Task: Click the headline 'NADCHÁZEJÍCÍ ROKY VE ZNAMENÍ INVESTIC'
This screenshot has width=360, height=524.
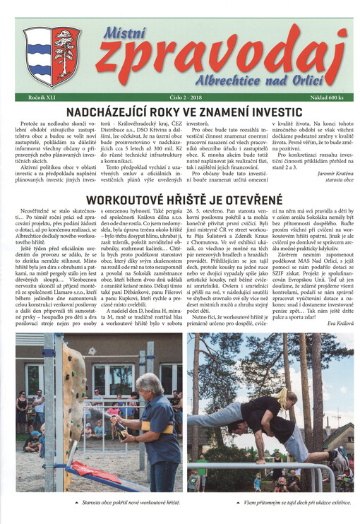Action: (180, 110)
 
